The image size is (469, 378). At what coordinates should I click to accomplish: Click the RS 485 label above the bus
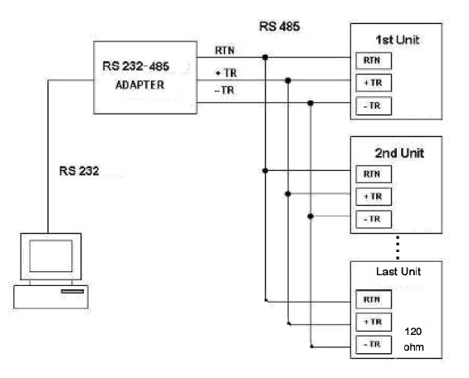click(x=280, y=27)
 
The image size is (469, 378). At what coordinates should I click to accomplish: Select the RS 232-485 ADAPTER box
click(x=145, y=78)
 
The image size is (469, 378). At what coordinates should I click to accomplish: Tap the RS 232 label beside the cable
click(x=79, y=171)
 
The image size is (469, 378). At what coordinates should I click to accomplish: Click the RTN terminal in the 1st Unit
click(x=374, y=61)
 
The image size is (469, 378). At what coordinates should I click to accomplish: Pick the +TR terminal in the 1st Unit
click(x=374, y=83)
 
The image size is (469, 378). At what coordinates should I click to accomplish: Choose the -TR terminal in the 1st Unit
click(x=374, y=106)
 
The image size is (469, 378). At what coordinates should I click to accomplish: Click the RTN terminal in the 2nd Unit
click(x=374, y=174)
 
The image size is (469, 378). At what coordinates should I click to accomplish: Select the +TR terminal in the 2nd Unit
click(x=374, y=196)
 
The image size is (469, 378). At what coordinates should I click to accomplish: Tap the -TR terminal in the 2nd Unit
click(x=374, y=220)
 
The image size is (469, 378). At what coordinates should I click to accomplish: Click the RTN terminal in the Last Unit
click(x=374, y=299)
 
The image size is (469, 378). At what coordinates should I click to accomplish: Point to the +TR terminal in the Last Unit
click(x=374, y=322)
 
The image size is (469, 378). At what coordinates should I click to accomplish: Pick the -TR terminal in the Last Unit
click(x=374, y=345)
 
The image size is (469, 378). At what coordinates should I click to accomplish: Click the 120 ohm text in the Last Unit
click(x=413, y=339)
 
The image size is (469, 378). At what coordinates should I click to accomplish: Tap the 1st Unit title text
click(x=398, y=40)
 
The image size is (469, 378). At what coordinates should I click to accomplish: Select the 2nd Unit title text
click(x=399, y=153)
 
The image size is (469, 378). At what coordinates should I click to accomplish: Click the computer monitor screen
click(x=51, y=255)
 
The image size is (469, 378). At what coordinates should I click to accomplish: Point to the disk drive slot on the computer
click(x=72, y=292)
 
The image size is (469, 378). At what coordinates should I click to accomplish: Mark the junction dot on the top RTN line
click(x=265, y=57)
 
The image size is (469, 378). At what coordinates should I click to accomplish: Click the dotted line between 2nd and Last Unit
click(x=398, y=248)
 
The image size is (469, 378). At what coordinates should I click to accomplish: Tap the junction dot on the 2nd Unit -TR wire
click(x=310, y=216)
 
